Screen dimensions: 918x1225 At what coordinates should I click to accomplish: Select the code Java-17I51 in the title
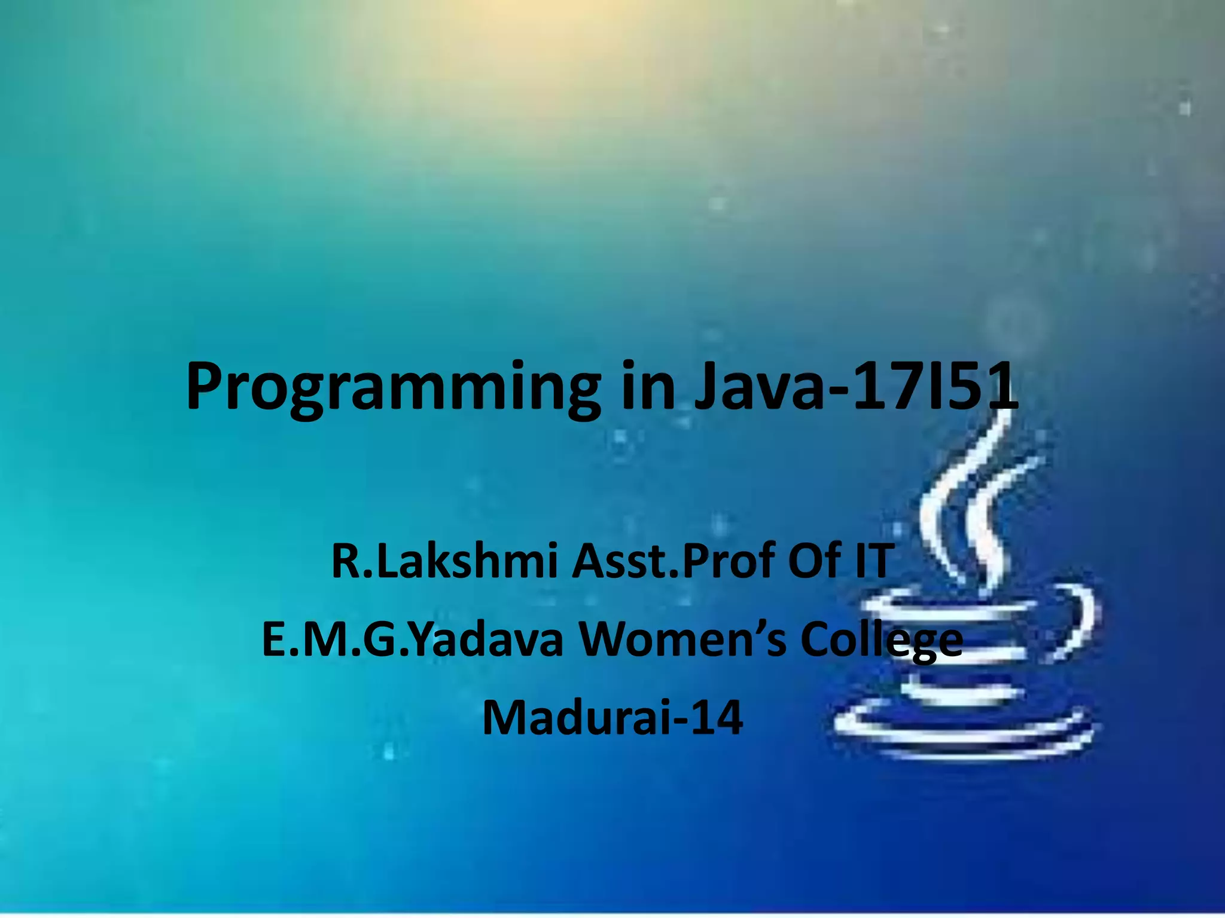click(855, 387)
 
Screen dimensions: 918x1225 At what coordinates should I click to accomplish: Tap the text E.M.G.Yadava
click(413, 639)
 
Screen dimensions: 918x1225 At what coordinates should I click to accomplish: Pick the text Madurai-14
click(612, 717)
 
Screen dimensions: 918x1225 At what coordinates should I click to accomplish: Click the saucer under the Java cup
click(963, 732)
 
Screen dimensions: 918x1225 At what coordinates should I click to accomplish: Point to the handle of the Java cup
click(1077, 622)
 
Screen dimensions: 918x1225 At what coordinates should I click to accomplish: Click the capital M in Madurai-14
click(506, 717)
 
